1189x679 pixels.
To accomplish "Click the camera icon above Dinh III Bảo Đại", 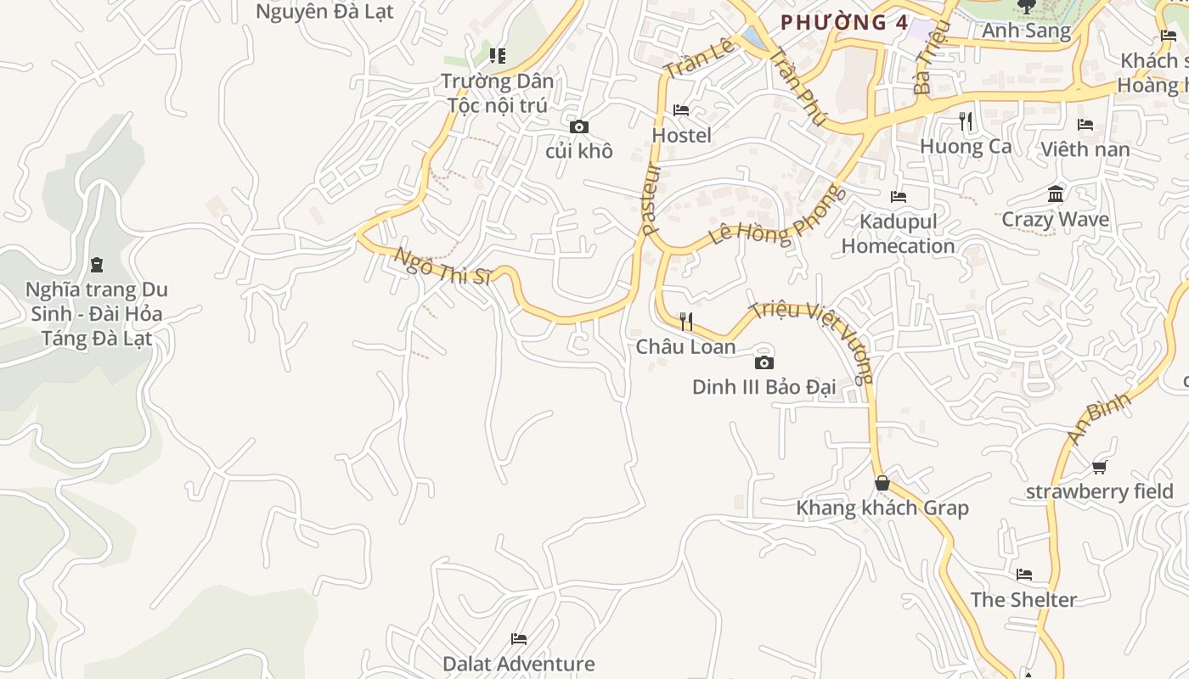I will pyautogui.click(x=764, y=363).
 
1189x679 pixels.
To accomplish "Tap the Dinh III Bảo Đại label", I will pyautogui.click(x=764, y=388).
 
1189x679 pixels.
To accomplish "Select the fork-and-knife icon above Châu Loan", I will pyautogui.click(x=686, y=322).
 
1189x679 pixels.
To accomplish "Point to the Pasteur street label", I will pyautogui.click(x=651, y=199).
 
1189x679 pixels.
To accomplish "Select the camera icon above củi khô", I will pyautogui.click(x=579, y=127).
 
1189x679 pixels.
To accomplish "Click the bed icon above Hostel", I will pyautogui.click(x=681, y=110).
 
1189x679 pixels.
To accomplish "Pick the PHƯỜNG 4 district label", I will pyautogui.click(x=844, y=23).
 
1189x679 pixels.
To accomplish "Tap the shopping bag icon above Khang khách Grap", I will pyautogui.click(x=882, y=483).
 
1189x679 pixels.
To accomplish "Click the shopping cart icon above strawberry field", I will pyautogui.click(x=1100, y=467).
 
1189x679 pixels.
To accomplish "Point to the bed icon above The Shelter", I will pyautogui.click(x=1024, y=575).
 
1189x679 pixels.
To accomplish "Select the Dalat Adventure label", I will pyautogui.click(x=518, y=664).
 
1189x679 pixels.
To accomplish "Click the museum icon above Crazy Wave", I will pyautogui.click(x=1056, y=194).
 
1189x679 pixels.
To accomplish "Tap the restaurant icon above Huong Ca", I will pyautogui.click(x=966, y=121).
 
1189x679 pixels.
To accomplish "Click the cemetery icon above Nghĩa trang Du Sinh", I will pyautogui.click(x=97, y=265).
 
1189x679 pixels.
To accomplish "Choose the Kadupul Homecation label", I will pyautogui.click(x=898, y=233).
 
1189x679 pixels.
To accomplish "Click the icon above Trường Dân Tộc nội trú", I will pyautogui.click(x=498, y=57).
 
